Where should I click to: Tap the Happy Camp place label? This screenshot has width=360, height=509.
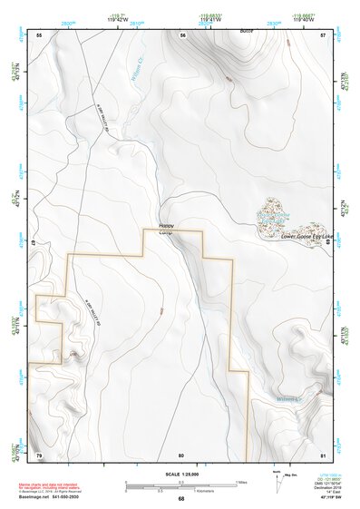click(166, 228)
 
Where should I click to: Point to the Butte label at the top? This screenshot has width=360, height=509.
click(245, 31)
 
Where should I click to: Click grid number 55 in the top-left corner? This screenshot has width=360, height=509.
click(39, 34)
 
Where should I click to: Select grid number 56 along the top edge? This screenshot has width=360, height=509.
click(182, 34)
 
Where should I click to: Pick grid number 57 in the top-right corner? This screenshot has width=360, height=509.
click(323, 34)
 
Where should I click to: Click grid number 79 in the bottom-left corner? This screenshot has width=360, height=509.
click(39, 454)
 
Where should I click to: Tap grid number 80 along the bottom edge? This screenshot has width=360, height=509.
click(181, 454)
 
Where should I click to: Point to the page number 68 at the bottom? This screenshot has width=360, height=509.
click(181, 498)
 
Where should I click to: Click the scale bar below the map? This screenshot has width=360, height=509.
click(181, 485)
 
